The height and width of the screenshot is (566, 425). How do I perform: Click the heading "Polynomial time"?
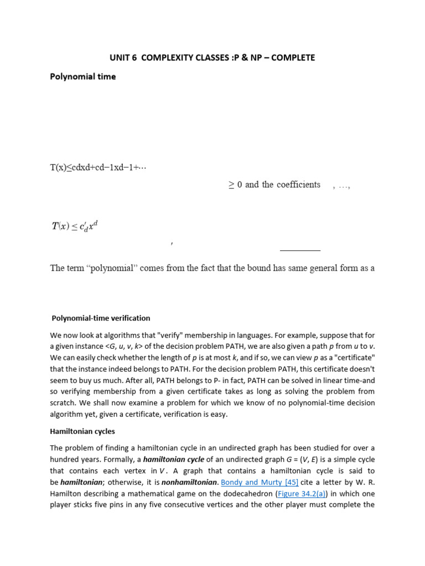pyautogui.click(x=83, y=76)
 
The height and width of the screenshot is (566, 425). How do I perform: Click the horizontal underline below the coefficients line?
pyautogui.click(x=300, y=250)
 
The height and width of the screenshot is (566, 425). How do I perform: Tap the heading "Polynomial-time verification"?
pyautogui.click(x=101, y=318)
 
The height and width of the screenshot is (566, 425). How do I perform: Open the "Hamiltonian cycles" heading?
pyautogui.click(x=82, y=431)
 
